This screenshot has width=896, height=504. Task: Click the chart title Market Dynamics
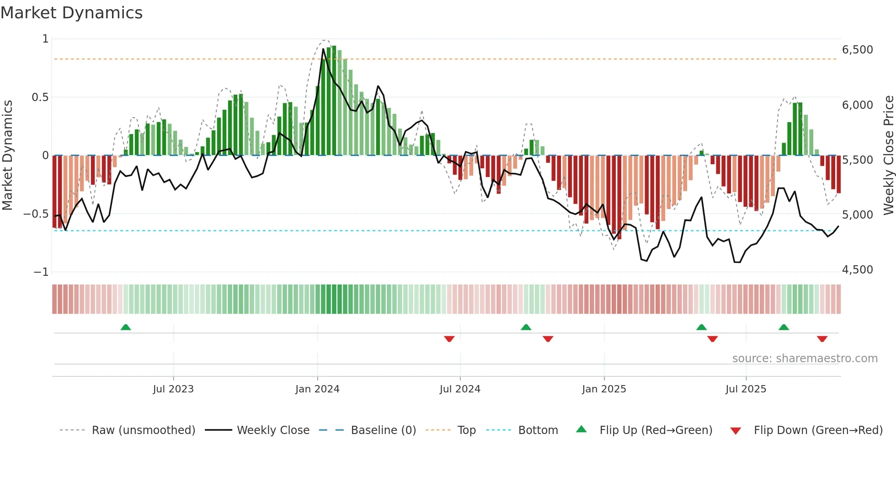point(72,13)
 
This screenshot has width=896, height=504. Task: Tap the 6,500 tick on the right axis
point(857,50)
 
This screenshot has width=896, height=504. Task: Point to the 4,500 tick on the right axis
point(857,270)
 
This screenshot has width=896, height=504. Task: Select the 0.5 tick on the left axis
point(40,97)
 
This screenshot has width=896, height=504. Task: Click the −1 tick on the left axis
point(41,272)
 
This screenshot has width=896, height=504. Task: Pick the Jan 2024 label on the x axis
point(317,389)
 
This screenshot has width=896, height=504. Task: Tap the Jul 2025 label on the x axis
point(746,389)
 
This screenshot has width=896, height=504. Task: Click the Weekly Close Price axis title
point(888,155)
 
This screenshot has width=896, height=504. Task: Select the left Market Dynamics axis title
point(7,155)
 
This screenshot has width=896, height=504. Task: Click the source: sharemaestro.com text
point(805,359)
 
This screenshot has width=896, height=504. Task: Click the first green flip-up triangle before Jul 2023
point(126,327)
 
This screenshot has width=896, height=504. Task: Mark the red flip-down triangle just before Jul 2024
point(449,339)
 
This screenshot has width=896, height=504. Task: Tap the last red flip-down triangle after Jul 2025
point(822,339)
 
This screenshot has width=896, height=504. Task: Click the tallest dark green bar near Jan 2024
point(334,101)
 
